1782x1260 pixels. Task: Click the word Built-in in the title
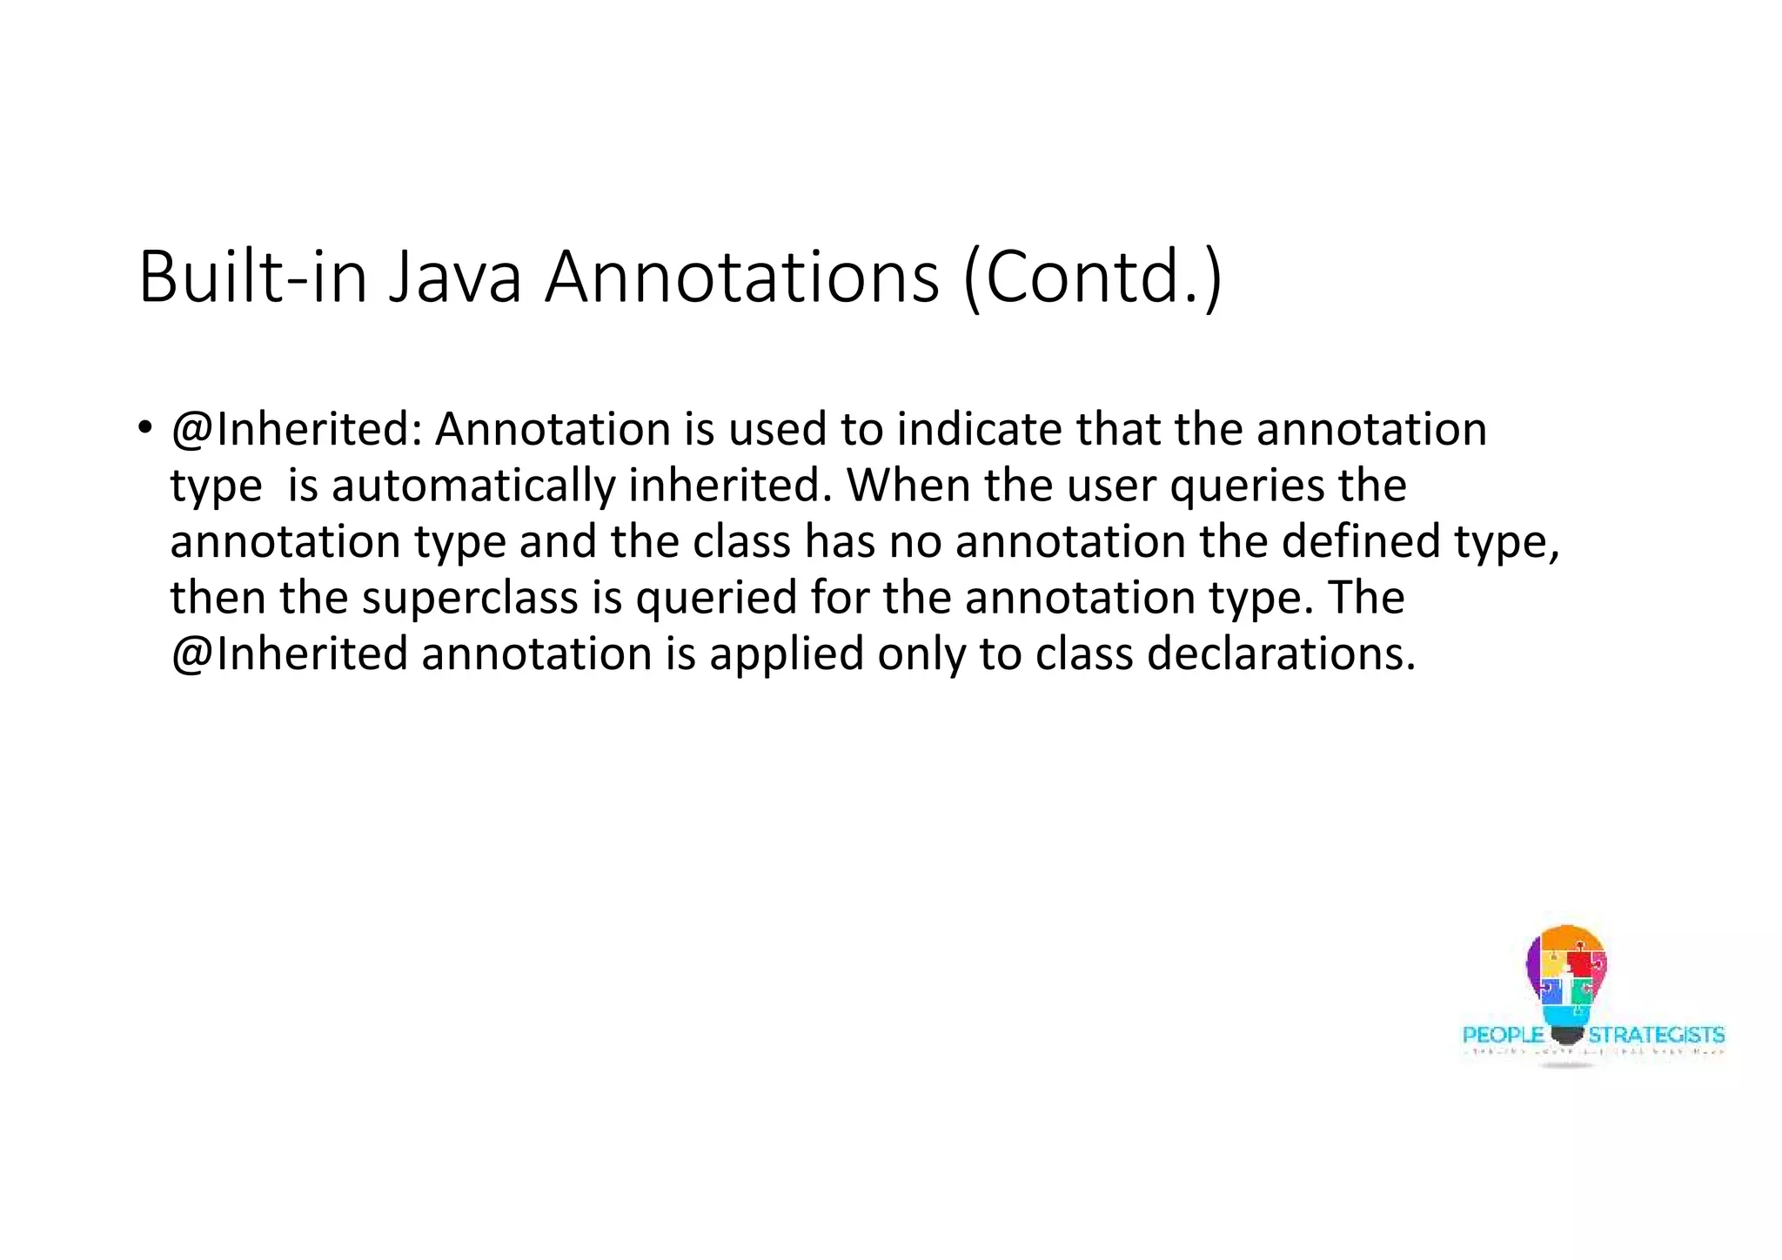[x=253, y=278]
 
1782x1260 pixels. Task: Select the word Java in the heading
[x=454, y=278]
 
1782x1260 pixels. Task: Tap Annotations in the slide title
[x=741, y=278]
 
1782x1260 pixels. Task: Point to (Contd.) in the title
[x=1093, y=278]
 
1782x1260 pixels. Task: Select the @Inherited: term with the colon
[x=296, y=430]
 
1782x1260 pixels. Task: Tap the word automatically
[x=473, y=486]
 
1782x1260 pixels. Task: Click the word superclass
[x=470, y=598]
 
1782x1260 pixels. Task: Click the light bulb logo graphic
[x=1566, y=979]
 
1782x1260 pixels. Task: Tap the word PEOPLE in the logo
[x=1503, y=1035]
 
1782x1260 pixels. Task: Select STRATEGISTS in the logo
[x=1656, y=1035]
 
